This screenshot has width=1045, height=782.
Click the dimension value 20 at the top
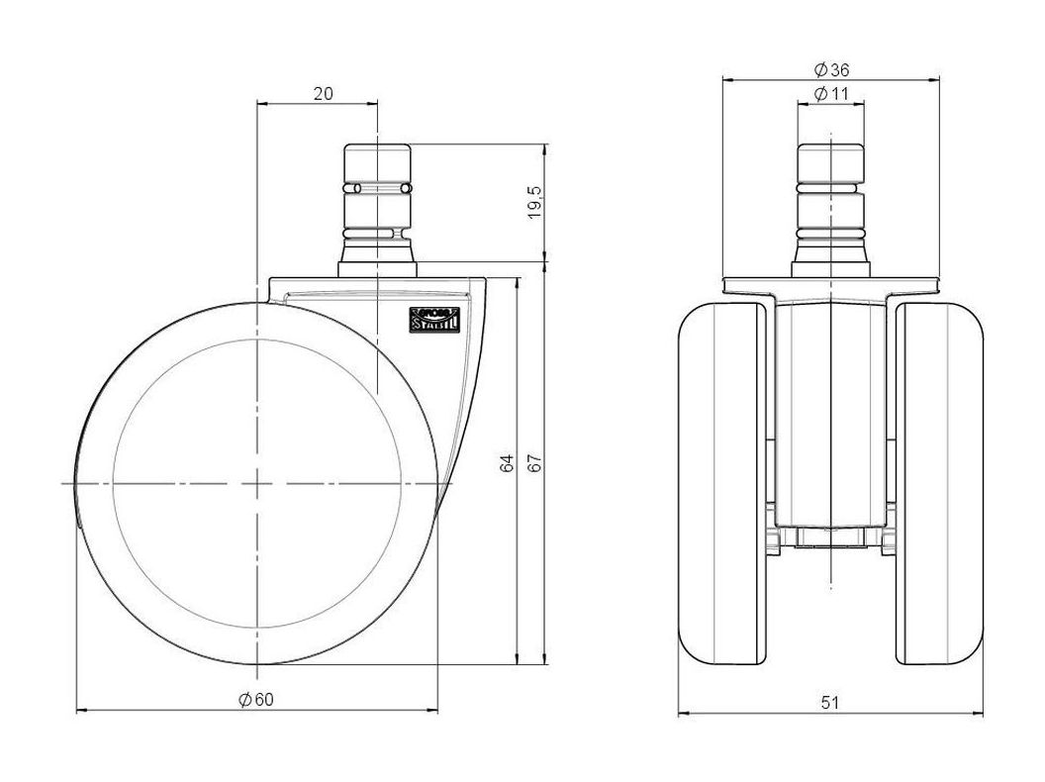point(323,93)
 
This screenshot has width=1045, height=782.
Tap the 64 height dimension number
point(507,463)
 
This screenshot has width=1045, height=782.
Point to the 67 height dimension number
point(535,463)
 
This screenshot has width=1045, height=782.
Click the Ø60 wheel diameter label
point(256,699)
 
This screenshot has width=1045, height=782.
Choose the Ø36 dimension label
point(831,69)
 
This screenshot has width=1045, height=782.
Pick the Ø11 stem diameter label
point(831,93)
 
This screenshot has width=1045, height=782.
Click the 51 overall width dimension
point(830,702)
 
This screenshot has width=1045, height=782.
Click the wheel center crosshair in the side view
point(256,483)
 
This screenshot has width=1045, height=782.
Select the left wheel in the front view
point(722,485)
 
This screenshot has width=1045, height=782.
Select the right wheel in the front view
point(940,485)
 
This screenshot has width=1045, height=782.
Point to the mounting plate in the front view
point(830,286)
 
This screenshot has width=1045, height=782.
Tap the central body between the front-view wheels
point(830,416)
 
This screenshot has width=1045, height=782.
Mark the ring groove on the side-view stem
point(377,187)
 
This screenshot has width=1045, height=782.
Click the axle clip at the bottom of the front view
point(830,539)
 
